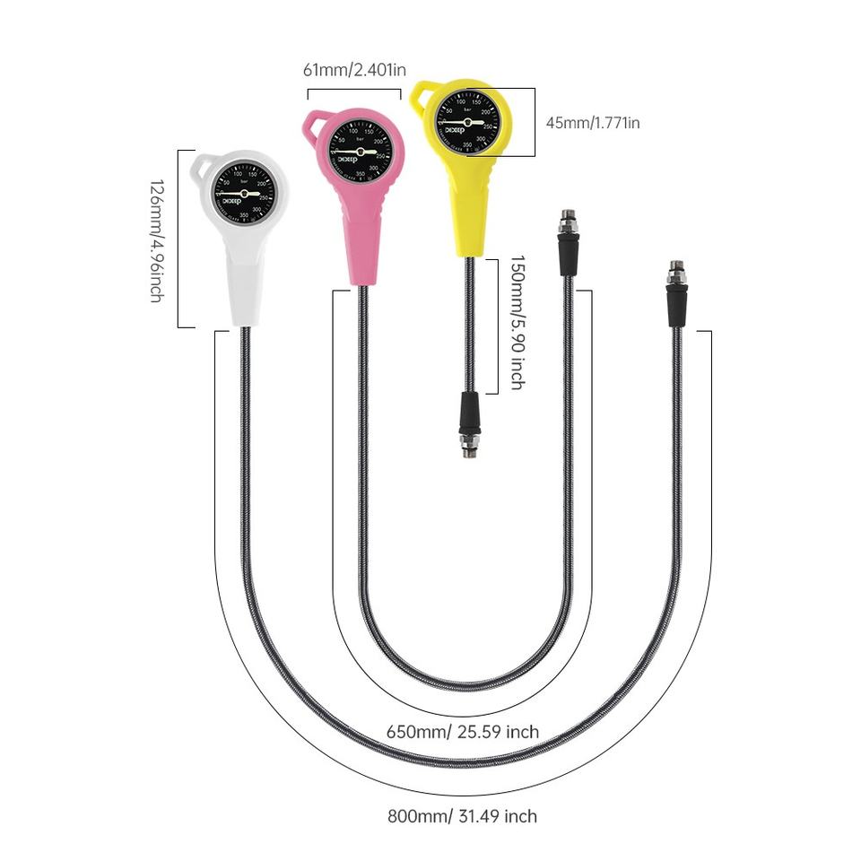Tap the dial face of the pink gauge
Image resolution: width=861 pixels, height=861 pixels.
click(x=360, y=151)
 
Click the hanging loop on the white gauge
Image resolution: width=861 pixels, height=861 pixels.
click(x=203, y=166)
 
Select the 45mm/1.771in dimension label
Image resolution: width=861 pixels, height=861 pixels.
click(x=593, y=122)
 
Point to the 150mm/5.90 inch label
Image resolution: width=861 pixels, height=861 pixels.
click(x=517, y=323)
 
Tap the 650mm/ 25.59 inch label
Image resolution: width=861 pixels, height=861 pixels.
click(x=463, y=732)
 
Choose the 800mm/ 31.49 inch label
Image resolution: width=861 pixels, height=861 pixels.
click(x=462, y=816)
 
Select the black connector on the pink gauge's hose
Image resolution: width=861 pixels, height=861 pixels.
click(x=568, y=253)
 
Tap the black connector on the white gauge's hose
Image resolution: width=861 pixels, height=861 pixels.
click(x=676, y=305)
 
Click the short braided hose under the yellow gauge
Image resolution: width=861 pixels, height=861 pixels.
click(x=469, y=323)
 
